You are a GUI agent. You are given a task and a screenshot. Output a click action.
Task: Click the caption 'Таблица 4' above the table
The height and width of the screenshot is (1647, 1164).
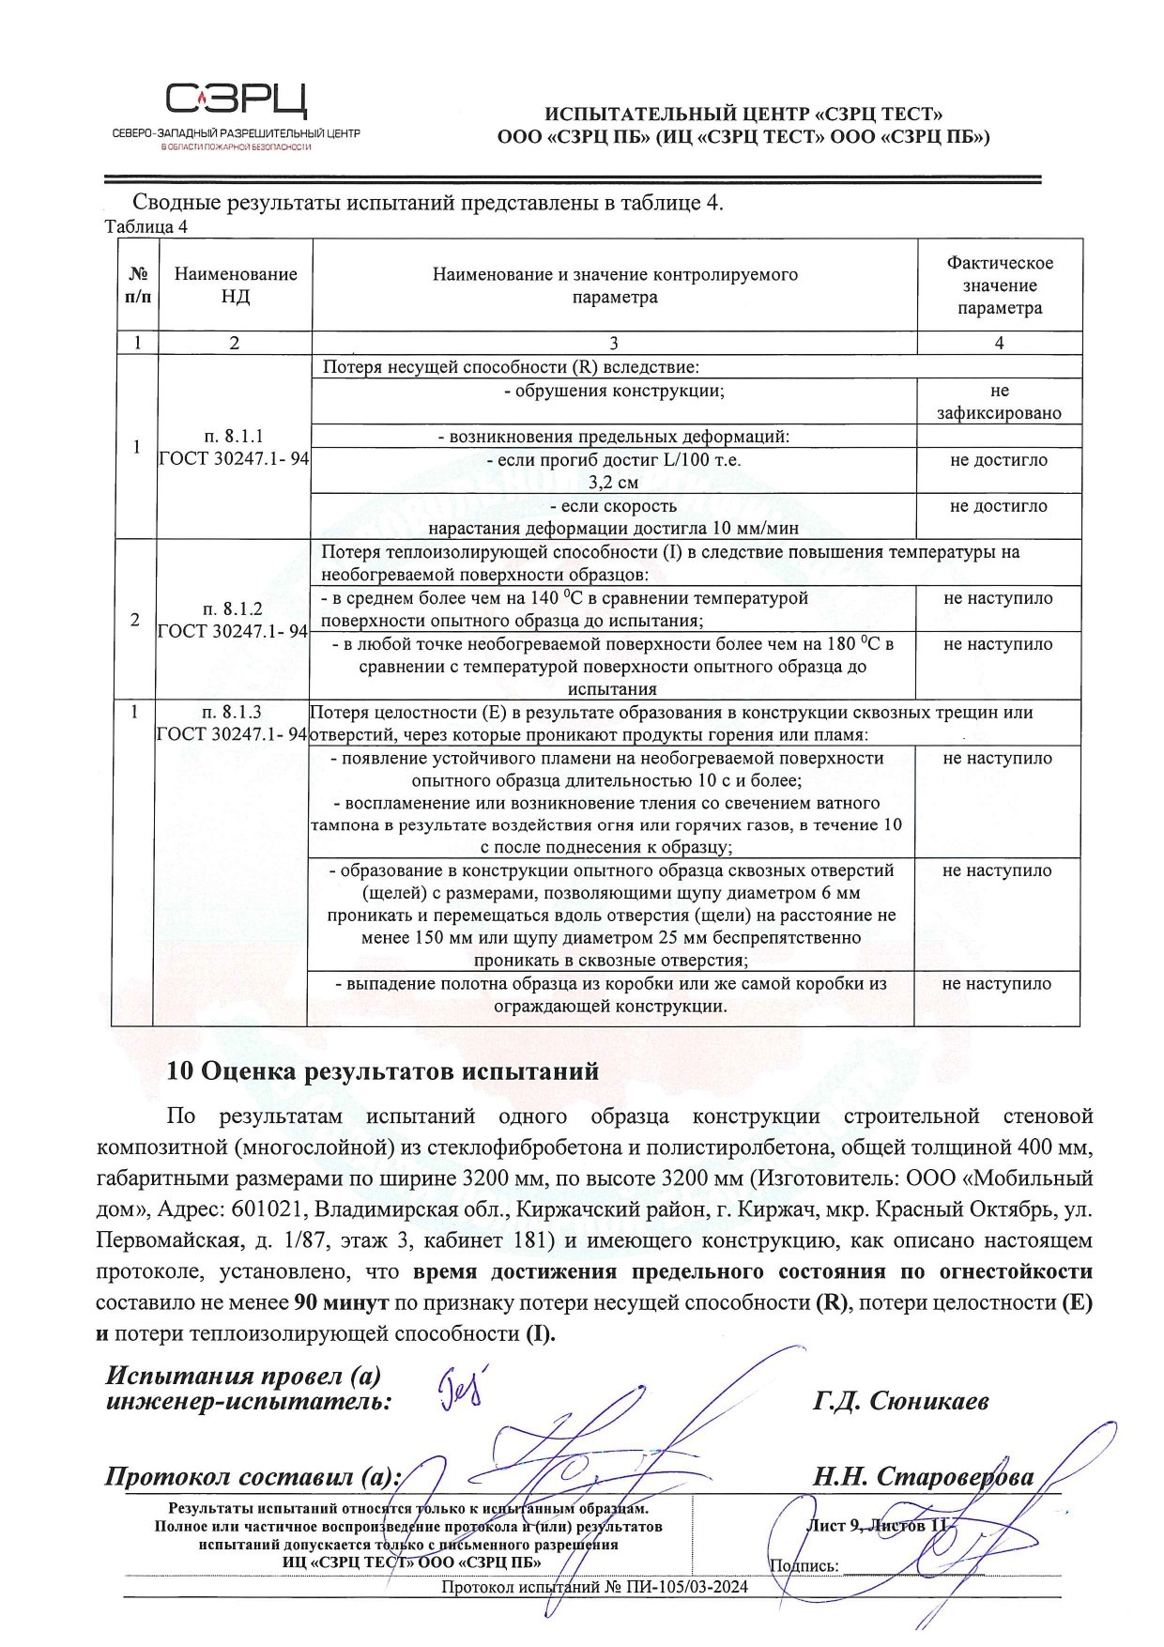pos(145,226)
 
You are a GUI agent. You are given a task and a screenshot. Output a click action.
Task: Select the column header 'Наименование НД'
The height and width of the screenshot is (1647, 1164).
pos(236,285)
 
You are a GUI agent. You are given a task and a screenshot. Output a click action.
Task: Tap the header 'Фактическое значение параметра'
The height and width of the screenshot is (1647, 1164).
pos(999,285)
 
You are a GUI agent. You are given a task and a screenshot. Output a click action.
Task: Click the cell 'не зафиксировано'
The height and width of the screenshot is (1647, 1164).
pos(999,402)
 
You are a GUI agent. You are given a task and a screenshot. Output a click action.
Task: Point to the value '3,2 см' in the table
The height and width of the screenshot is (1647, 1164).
pos(613,483)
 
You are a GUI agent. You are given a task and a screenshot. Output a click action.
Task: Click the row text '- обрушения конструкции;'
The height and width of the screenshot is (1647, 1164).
pos(614,391)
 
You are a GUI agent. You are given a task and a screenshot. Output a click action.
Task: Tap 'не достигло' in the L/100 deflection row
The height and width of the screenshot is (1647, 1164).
pos(999,460)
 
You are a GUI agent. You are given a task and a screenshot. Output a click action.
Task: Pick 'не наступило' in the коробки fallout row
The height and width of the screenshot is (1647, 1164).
pos(997,984)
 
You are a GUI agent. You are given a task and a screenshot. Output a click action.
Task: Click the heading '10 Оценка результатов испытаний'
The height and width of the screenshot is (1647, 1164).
pos(382,1070)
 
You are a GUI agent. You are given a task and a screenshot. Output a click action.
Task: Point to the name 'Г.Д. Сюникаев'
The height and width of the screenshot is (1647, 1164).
pos(900,1402)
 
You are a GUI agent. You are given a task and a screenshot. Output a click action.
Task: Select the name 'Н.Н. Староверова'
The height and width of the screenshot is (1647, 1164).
pos(923,1477)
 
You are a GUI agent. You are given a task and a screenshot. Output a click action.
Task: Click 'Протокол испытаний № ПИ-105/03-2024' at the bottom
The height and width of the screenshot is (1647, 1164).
pos(594,1588)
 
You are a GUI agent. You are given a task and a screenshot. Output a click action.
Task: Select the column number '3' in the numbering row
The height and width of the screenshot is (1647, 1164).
pos(614,343)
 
